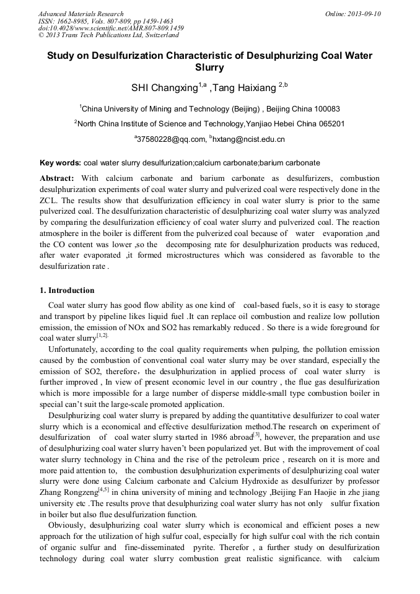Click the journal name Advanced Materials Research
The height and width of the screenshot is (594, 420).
pyautogui.click(x=81, y=14)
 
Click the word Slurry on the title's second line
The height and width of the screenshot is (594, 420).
pyautogui.click(x=209, y=68)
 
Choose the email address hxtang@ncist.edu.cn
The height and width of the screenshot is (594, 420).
pyautogui.click(x=249, y=139)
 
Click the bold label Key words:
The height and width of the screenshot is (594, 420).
pyautogui.click(x=60, y=163)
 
